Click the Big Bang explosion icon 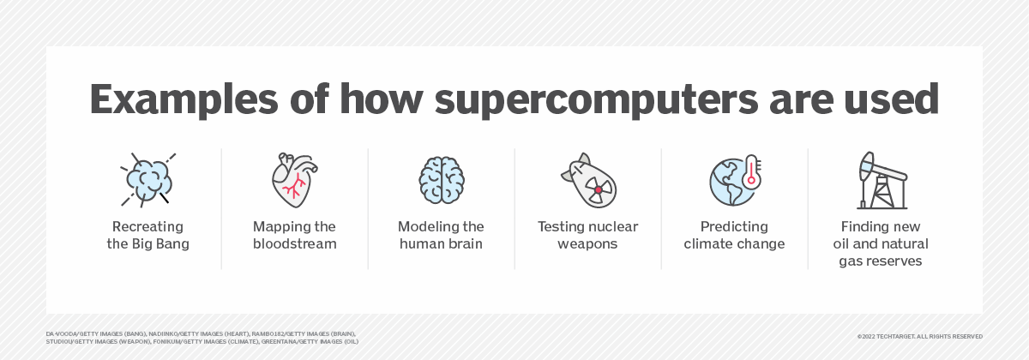click(147, 180)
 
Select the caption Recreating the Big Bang click(147, 235)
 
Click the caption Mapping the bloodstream click(294, 235)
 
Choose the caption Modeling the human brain click(441, 235)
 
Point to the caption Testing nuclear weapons click(587, 235)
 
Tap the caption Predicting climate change click(734, 235)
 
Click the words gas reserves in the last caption click(881, 261)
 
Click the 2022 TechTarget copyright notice click(919, 337)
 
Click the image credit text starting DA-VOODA click(202, 337)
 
